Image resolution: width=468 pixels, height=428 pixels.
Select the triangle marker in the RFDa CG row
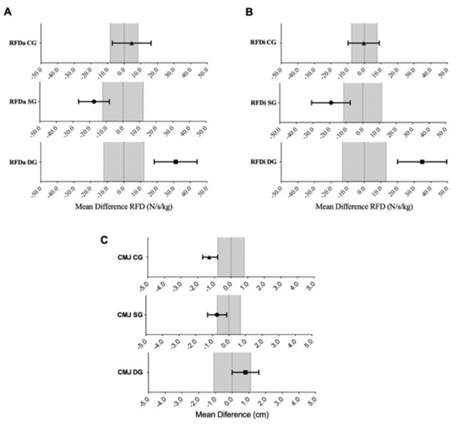coord(131,43)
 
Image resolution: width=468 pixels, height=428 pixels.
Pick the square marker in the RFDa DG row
coord(175,162)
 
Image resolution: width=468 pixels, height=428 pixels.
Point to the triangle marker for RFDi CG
coord(363,43)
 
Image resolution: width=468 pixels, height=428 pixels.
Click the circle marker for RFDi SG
coord(331,102)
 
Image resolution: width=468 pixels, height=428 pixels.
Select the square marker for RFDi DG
coord(422,162)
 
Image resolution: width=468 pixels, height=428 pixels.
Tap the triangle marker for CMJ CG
coord(209,257)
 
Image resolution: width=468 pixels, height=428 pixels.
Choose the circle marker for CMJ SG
coord(217,315)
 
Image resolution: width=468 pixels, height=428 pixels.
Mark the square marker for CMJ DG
coord(245,372)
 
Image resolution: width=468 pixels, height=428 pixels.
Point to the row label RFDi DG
coord(263,162)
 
